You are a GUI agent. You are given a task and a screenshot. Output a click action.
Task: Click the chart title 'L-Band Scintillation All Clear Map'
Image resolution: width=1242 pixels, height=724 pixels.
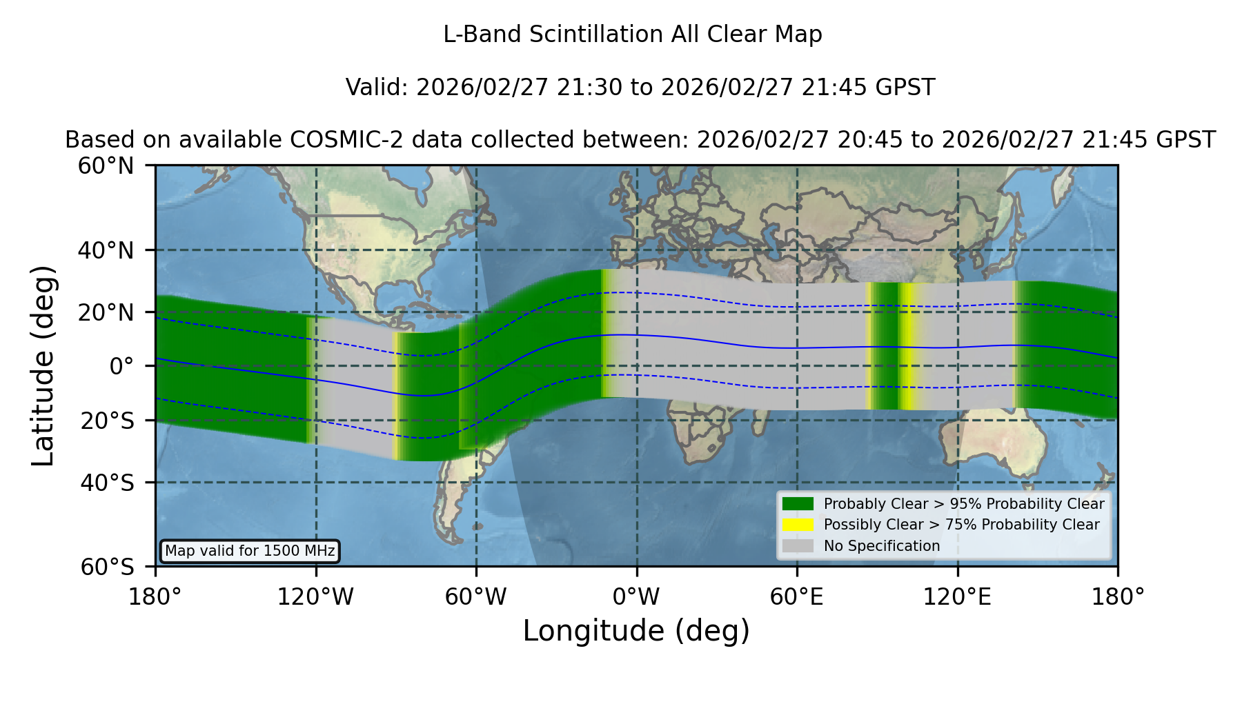point(632,34)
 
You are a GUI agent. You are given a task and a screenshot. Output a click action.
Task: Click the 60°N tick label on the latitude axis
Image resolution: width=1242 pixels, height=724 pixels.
point(106,165)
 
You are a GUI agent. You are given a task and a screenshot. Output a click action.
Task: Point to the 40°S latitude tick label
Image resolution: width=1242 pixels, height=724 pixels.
point(107,483)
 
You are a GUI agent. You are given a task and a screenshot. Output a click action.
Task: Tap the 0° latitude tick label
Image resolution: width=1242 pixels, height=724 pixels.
point(122,366)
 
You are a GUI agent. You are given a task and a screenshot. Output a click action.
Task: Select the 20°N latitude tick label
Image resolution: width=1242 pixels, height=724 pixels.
point(106,312)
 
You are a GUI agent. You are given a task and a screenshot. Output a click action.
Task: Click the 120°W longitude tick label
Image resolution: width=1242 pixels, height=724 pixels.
point(315,596)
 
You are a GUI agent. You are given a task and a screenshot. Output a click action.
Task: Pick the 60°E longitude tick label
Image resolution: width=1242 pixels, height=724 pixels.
point(797,596)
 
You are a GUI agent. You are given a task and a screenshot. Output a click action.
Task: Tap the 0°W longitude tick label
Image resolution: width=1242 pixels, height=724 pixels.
point(636,596)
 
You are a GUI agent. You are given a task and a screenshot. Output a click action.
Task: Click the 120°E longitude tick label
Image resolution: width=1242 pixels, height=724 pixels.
point(957,596)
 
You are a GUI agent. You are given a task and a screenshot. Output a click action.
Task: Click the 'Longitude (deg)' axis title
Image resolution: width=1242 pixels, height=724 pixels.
point(636,631)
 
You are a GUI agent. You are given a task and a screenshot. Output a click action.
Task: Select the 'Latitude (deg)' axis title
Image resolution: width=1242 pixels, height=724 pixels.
point(43,365)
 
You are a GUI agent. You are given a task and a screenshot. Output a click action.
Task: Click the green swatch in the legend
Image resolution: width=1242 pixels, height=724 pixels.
point(798,503)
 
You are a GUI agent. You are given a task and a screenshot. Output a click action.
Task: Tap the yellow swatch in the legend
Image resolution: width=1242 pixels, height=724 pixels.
point(798,525)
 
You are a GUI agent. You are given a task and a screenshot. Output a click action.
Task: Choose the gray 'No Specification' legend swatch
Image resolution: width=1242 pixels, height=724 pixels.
point(798,546)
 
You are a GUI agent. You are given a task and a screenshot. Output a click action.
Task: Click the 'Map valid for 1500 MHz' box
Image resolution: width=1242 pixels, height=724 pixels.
point(250,551)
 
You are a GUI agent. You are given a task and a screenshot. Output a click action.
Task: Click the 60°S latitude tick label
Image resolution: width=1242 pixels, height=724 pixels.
point(107,567)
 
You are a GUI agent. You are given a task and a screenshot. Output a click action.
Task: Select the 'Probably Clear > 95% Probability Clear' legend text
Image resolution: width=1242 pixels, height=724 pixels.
point(964,504)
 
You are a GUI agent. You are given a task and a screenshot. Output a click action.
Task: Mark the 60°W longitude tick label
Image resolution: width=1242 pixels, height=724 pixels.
point(475,596)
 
